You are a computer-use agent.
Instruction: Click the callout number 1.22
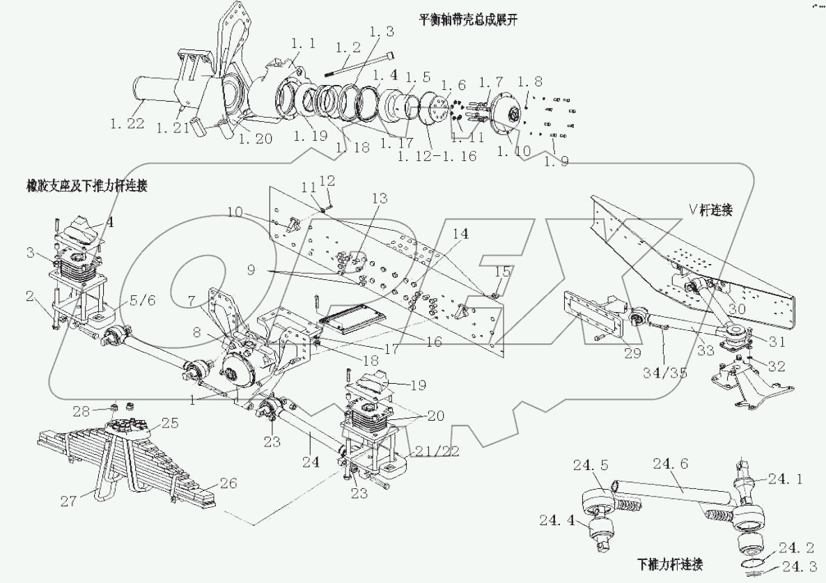coord(126,124)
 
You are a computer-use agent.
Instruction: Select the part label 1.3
coord(381,32)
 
